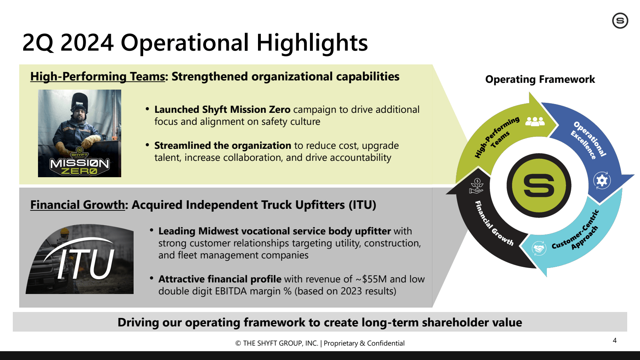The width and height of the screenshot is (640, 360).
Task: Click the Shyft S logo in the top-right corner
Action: tap(620, 20)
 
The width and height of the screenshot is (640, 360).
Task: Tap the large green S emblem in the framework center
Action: tap(539, 186)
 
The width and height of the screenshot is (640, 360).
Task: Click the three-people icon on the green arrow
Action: tap(535, 122)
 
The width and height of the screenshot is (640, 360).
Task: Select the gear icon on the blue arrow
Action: tap(602, 180)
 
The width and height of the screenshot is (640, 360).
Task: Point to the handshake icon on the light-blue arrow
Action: tap(539, 248)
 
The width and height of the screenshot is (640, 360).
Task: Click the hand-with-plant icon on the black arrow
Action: tap(476, 186)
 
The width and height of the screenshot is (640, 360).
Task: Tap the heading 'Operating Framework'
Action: tap(540, 79)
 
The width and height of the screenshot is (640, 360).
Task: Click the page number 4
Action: tap(614, 340)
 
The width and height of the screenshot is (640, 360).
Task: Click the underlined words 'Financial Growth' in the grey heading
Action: tap(78, 205)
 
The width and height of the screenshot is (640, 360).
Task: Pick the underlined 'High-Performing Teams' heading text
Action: tap(98, 76)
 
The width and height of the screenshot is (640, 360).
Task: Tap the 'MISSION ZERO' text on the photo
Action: tap(80, 166)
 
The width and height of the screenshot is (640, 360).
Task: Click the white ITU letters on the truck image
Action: tap(86, 264)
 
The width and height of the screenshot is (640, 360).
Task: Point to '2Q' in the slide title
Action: tap(38, 43)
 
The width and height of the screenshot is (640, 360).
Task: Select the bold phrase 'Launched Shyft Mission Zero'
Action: tap(222, 110)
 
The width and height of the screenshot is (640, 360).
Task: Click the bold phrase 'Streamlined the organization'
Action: tap(222, 146)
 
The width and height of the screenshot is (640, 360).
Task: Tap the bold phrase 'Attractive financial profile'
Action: tap(220, 279)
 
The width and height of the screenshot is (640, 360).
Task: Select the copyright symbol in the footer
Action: tap(238, 344)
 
